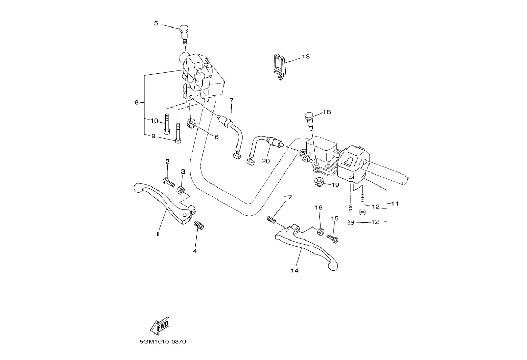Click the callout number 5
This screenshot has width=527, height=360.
[156, 23]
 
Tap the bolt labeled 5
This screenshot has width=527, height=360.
[183, 33]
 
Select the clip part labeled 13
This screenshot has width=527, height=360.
[280, 66]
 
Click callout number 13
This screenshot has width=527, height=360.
[305, 56]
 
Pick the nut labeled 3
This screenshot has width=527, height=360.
[181, 190]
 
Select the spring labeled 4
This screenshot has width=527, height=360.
[198, 225]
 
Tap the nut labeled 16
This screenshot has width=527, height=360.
[321, 230]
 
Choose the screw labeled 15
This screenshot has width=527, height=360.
[332, 238]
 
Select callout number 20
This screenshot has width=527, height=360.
[266, 161]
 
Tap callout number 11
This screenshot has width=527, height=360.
[394, 204]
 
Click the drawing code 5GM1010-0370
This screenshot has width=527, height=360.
[163, 342]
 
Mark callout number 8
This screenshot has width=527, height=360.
[136, 103]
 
